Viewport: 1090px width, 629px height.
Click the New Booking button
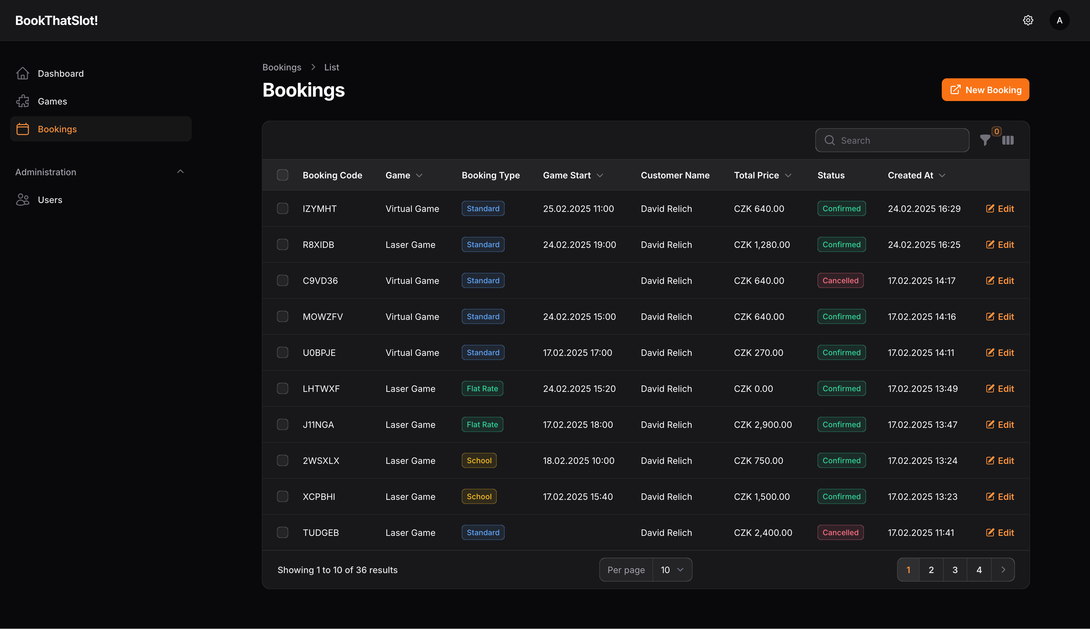pos(985,90)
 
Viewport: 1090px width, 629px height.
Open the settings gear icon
pos(1028,20)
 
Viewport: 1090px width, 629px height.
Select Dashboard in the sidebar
pos(61,74)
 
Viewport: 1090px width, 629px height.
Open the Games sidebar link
pos(52,101)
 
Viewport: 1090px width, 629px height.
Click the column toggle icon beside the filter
pos(1008,141)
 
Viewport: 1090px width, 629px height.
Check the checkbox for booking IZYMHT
pos(283,209)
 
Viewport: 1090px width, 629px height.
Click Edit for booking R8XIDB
pos(1000,244)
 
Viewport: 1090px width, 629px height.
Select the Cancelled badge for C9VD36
pos(840,281)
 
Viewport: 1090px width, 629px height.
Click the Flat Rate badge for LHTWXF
pos(482,389)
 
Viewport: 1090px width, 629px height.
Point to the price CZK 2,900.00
pos(763,425)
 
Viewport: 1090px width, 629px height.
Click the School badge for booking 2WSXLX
pos(479,460)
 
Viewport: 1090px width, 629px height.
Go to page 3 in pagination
pos(955,570)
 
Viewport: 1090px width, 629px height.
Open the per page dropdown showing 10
pos(672,570)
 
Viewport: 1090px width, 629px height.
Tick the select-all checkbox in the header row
pos(283,175)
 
